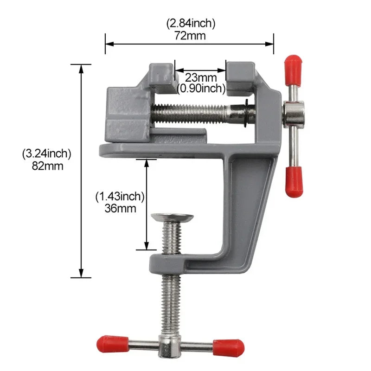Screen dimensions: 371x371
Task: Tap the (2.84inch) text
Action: pos(191,23)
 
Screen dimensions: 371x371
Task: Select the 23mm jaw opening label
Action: pos(201,77)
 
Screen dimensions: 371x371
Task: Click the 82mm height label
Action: pos(46,166)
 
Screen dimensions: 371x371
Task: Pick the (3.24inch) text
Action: pos(46,154)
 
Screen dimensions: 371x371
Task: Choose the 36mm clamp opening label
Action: pos(120,208)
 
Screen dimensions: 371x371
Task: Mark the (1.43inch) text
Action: pos(120,196)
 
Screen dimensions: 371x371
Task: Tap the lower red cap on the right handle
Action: pos(294,182)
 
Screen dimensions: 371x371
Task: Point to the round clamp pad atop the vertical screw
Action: pos(173,217)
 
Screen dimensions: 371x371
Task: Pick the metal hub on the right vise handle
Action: pos(294,115)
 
